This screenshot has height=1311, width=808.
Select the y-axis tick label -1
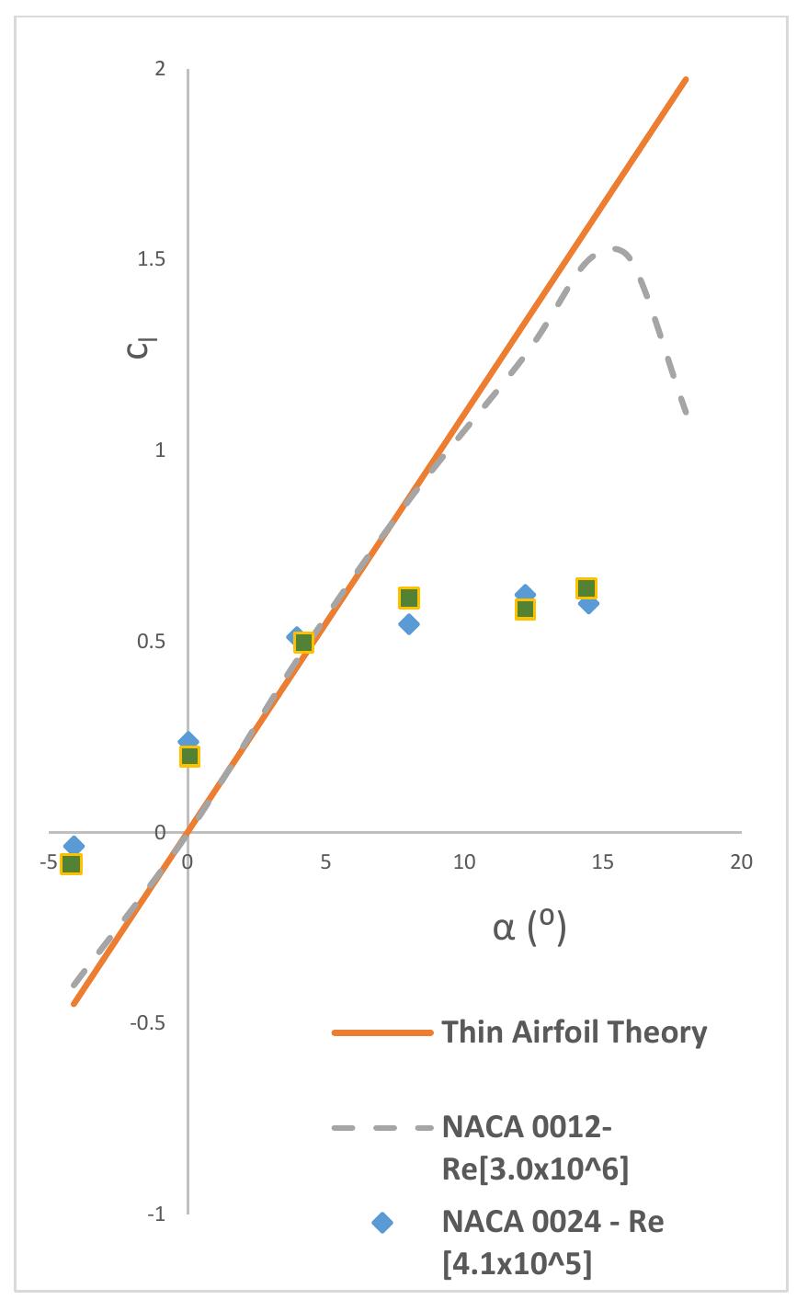[x=155, y=1214]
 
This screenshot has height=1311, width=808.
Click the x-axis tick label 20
[x=740, y=862]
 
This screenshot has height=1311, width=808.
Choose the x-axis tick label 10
[x=464, y=862]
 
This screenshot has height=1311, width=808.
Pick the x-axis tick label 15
[x=602, y=862]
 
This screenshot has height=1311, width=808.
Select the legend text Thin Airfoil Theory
[x=575, y=1032]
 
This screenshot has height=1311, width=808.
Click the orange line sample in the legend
[x=381, y=1033]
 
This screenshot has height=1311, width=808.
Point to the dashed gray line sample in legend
[x=381, y=1127]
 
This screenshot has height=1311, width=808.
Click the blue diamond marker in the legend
[x=381, y=1223]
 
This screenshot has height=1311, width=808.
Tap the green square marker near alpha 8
[x=409, y=598]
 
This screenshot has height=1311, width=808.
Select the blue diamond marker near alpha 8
[x=409, y=624]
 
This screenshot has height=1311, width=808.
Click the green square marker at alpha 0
[x=189, y=756]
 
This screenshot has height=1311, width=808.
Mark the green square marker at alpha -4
[x=71, y=863]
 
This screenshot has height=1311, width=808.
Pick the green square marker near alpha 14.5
[x=586, y=588]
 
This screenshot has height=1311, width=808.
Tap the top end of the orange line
[x=686, y=79]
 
